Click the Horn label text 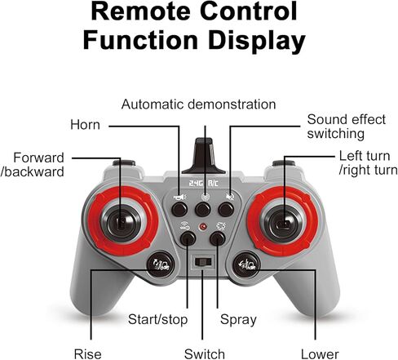85,125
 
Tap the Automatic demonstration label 199,104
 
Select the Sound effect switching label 346,127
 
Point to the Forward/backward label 33,165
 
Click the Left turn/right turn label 368,163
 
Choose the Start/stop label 157,319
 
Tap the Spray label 238,319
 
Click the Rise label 87,354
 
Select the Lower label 320,354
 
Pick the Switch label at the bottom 205,354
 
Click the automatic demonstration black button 203,210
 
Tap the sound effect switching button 226,210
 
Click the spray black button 218,238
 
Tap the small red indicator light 203,226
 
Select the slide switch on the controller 203,262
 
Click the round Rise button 161,264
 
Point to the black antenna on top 204,156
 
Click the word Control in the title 248,11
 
